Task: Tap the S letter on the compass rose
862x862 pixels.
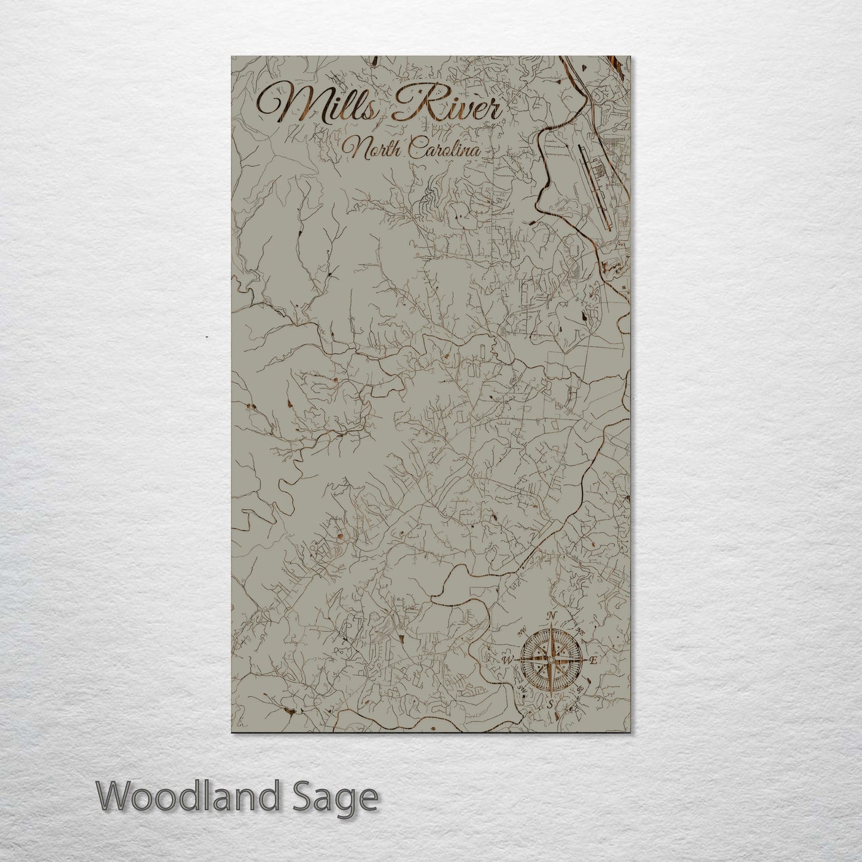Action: click(550, 705)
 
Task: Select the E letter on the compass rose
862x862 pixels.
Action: click(593, 660)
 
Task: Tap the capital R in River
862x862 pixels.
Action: click(412, 104)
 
